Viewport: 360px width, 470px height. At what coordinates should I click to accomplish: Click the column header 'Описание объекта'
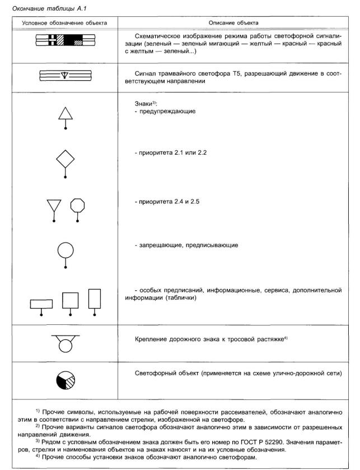coord(233,23)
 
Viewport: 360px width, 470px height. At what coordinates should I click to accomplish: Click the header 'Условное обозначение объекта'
coord(64,23)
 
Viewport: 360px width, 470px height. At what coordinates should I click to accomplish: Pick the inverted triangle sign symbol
coord(54,206)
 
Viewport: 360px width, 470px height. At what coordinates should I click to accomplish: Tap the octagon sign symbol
coord(77,205)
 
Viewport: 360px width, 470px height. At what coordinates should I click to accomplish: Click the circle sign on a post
coord(66,250)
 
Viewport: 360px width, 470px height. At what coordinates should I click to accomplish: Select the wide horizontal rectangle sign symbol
coord(41,304)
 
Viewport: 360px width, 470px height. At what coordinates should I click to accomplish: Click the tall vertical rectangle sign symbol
coord(95,298)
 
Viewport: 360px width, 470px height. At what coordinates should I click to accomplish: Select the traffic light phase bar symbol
coord(66,39)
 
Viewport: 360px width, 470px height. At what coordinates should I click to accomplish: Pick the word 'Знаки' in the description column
coord(144,104)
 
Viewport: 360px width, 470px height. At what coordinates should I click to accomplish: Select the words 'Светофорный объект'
coord(163,373)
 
